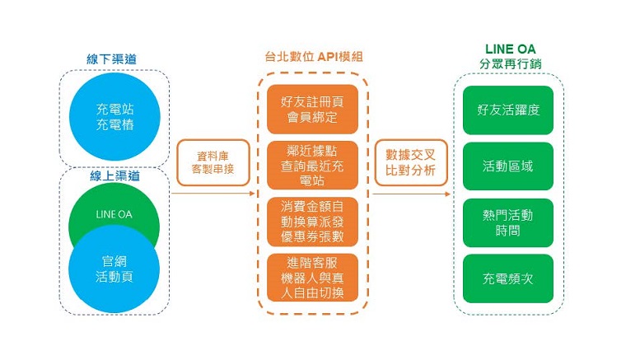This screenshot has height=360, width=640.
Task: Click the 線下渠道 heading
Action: tap(114, 59)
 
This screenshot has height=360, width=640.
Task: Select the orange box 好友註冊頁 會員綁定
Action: tap(312, 110)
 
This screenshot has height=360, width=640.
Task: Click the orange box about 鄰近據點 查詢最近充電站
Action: tap(312, 165)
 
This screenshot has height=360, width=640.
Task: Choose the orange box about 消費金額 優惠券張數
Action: tap(312, 222)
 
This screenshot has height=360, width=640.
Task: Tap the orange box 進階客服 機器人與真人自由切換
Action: tap(312, 278)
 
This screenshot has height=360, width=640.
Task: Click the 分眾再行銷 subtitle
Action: tap(509, 64)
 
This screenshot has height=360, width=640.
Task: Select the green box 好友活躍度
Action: tap(509, 110)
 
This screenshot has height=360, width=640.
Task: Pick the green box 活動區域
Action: tap(509, 166)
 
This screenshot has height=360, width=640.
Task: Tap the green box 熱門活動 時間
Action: tap(509, 222)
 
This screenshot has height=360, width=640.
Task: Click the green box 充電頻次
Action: tap(509, 278)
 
